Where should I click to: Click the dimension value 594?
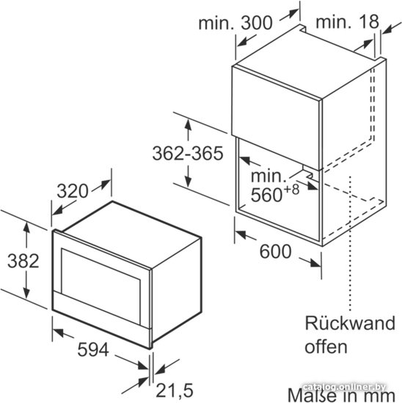point(93,350)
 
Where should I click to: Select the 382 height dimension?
point(23,261)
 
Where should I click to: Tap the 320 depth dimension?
point(73,191)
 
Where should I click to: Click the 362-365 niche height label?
point(188,154)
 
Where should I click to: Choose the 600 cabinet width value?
point(275,251)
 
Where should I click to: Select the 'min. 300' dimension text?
point(235,23)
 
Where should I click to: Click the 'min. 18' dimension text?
point(347,22)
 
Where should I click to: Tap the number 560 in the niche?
point(266,195)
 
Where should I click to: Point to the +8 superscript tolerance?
point(291,190)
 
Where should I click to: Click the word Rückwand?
point(350,323)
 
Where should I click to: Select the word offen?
point(326,347)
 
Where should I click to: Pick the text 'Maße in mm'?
point(341,395)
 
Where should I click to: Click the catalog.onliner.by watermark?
point(344,387)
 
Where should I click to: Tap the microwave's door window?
point(101,285)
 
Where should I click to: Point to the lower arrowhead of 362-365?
point(188,181)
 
